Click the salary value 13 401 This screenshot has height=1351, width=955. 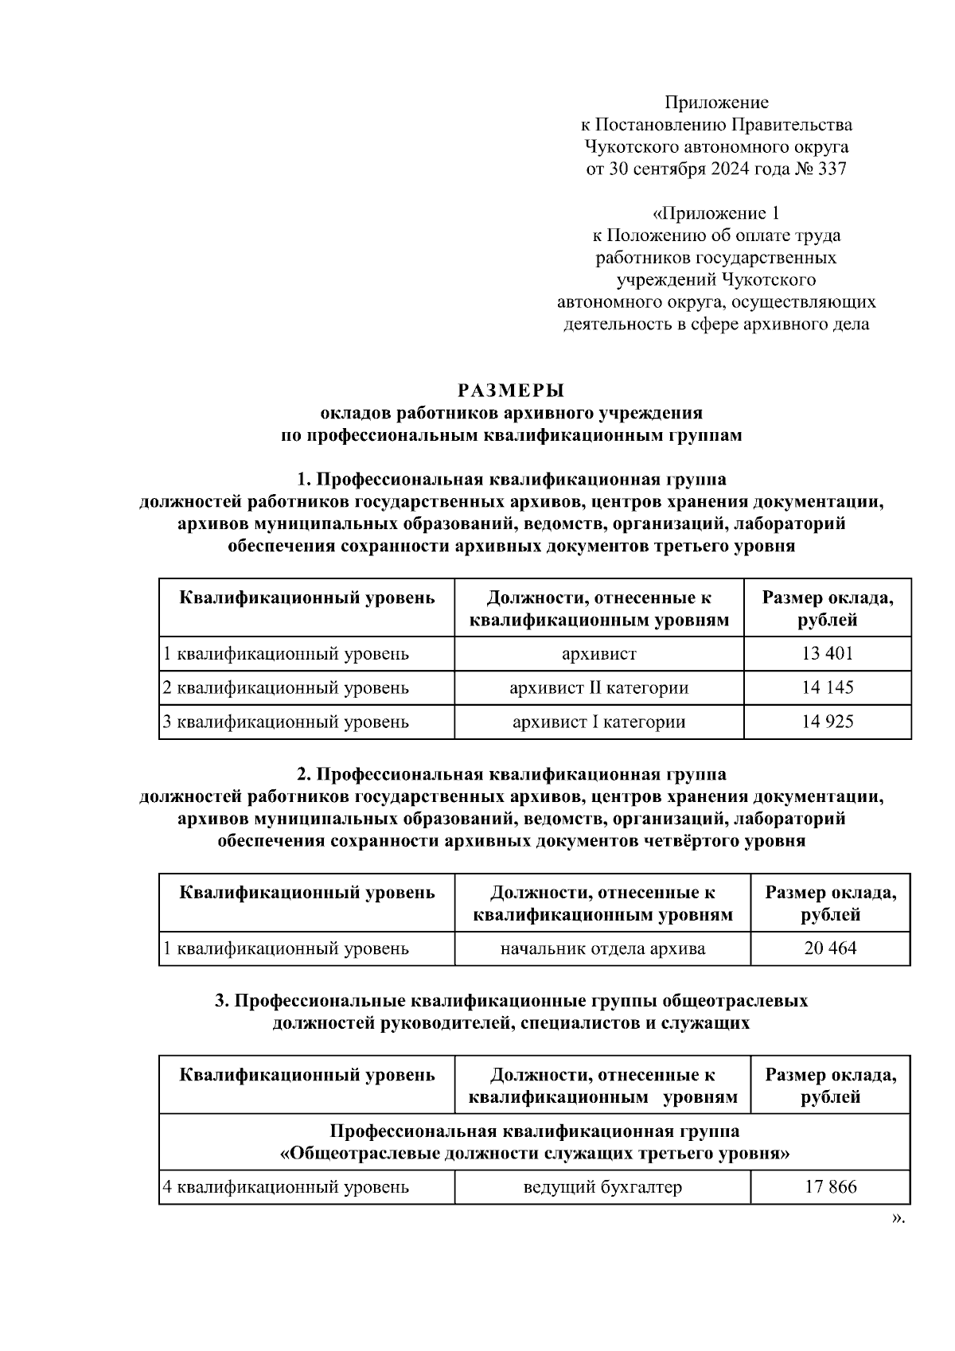point(827,654)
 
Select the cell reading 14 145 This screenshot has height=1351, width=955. point(827,687)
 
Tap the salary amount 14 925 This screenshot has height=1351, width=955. point(827,722)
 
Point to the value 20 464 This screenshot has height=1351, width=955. point(830,948)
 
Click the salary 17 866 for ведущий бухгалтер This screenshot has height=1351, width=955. point(830,1187)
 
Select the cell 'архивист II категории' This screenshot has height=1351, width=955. point(598,687)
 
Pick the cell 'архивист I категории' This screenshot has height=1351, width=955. point(598,722)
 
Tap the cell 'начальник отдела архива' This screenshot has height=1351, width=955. point(602,948)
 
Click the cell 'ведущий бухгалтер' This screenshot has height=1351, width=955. point(602,1187)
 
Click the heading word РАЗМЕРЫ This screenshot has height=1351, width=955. point(511,391)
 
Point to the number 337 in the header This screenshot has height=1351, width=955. point(832,169)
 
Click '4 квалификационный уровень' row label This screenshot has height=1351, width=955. point(286,1187)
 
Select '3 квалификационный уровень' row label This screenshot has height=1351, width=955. point(286,722)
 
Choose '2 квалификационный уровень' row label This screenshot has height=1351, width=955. point(286,687)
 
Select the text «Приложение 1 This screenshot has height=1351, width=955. point(715,213)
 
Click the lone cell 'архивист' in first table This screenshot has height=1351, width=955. point(598,654)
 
